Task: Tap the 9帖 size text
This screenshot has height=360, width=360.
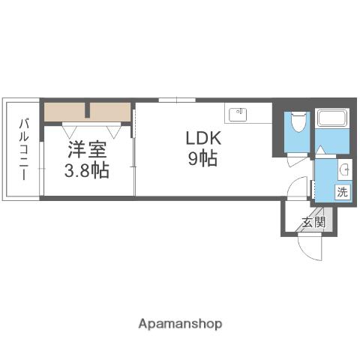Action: coord(202,158)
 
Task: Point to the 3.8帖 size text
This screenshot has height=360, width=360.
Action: coord(88,170)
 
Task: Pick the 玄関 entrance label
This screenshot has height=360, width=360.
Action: coord(313,222)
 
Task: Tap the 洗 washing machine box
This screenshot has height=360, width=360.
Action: coord(342,191)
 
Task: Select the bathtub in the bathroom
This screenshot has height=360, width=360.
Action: coord(330,118)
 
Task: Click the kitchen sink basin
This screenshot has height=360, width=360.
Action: coord(239,114)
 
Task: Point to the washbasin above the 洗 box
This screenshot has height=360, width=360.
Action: coord(343,168)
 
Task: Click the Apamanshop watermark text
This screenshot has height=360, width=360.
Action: coord(180,324)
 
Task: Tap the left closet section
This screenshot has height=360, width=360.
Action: coord(66,112)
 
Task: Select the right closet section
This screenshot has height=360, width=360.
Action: coord(111,112)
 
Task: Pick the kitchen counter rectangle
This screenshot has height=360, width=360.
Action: coord(248,114)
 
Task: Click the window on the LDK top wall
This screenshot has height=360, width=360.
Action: coord(177,100)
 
